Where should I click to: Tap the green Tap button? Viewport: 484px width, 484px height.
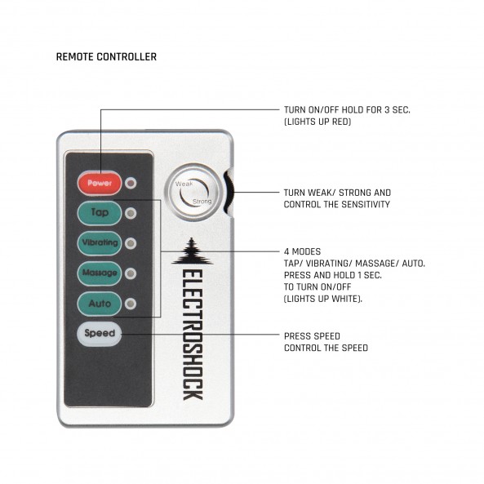click(100, 213)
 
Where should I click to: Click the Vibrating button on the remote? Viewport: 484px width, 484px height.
click(100, 243)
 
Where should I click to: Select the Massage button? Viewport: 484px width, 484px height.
click(100, 273)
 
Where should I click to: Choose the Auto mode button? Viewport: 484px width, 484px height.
click(100, 304)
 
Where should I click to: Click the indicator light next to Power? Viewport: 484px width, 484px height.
click(131, 183)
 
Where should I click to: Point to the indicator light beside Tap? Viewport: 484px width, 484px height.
click(131, 213)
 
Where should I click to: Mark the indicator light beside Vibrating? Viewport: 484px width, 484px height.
click(131, 243)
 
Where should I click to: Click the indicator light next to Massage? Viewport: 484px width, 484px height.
click(131, 273)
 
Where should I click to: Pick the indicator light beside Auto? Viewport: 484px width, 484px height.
click(131, 304)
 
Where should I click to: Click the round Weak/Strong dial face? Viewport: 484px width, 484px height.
click(193, 193)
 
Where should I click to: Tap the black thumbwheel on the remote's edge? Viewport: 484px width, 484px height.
click(229, 193)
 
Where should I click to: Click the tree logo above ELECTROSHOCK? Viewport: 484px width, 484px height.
click(192, 251)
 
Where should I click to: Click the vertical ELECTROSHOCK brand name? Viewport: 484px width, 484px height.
click(193, 335)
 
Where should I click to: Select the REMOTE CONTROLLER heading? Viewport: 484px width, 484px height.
click(106, 57)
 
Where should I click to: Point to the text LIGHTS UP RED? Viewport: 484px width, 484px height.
click(317, 122)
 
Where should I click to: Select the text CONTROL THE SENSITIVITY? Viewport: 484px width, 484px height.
click(337, 204)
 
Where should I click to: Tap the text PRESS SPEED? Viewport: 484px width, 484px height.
click(312, 336)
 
